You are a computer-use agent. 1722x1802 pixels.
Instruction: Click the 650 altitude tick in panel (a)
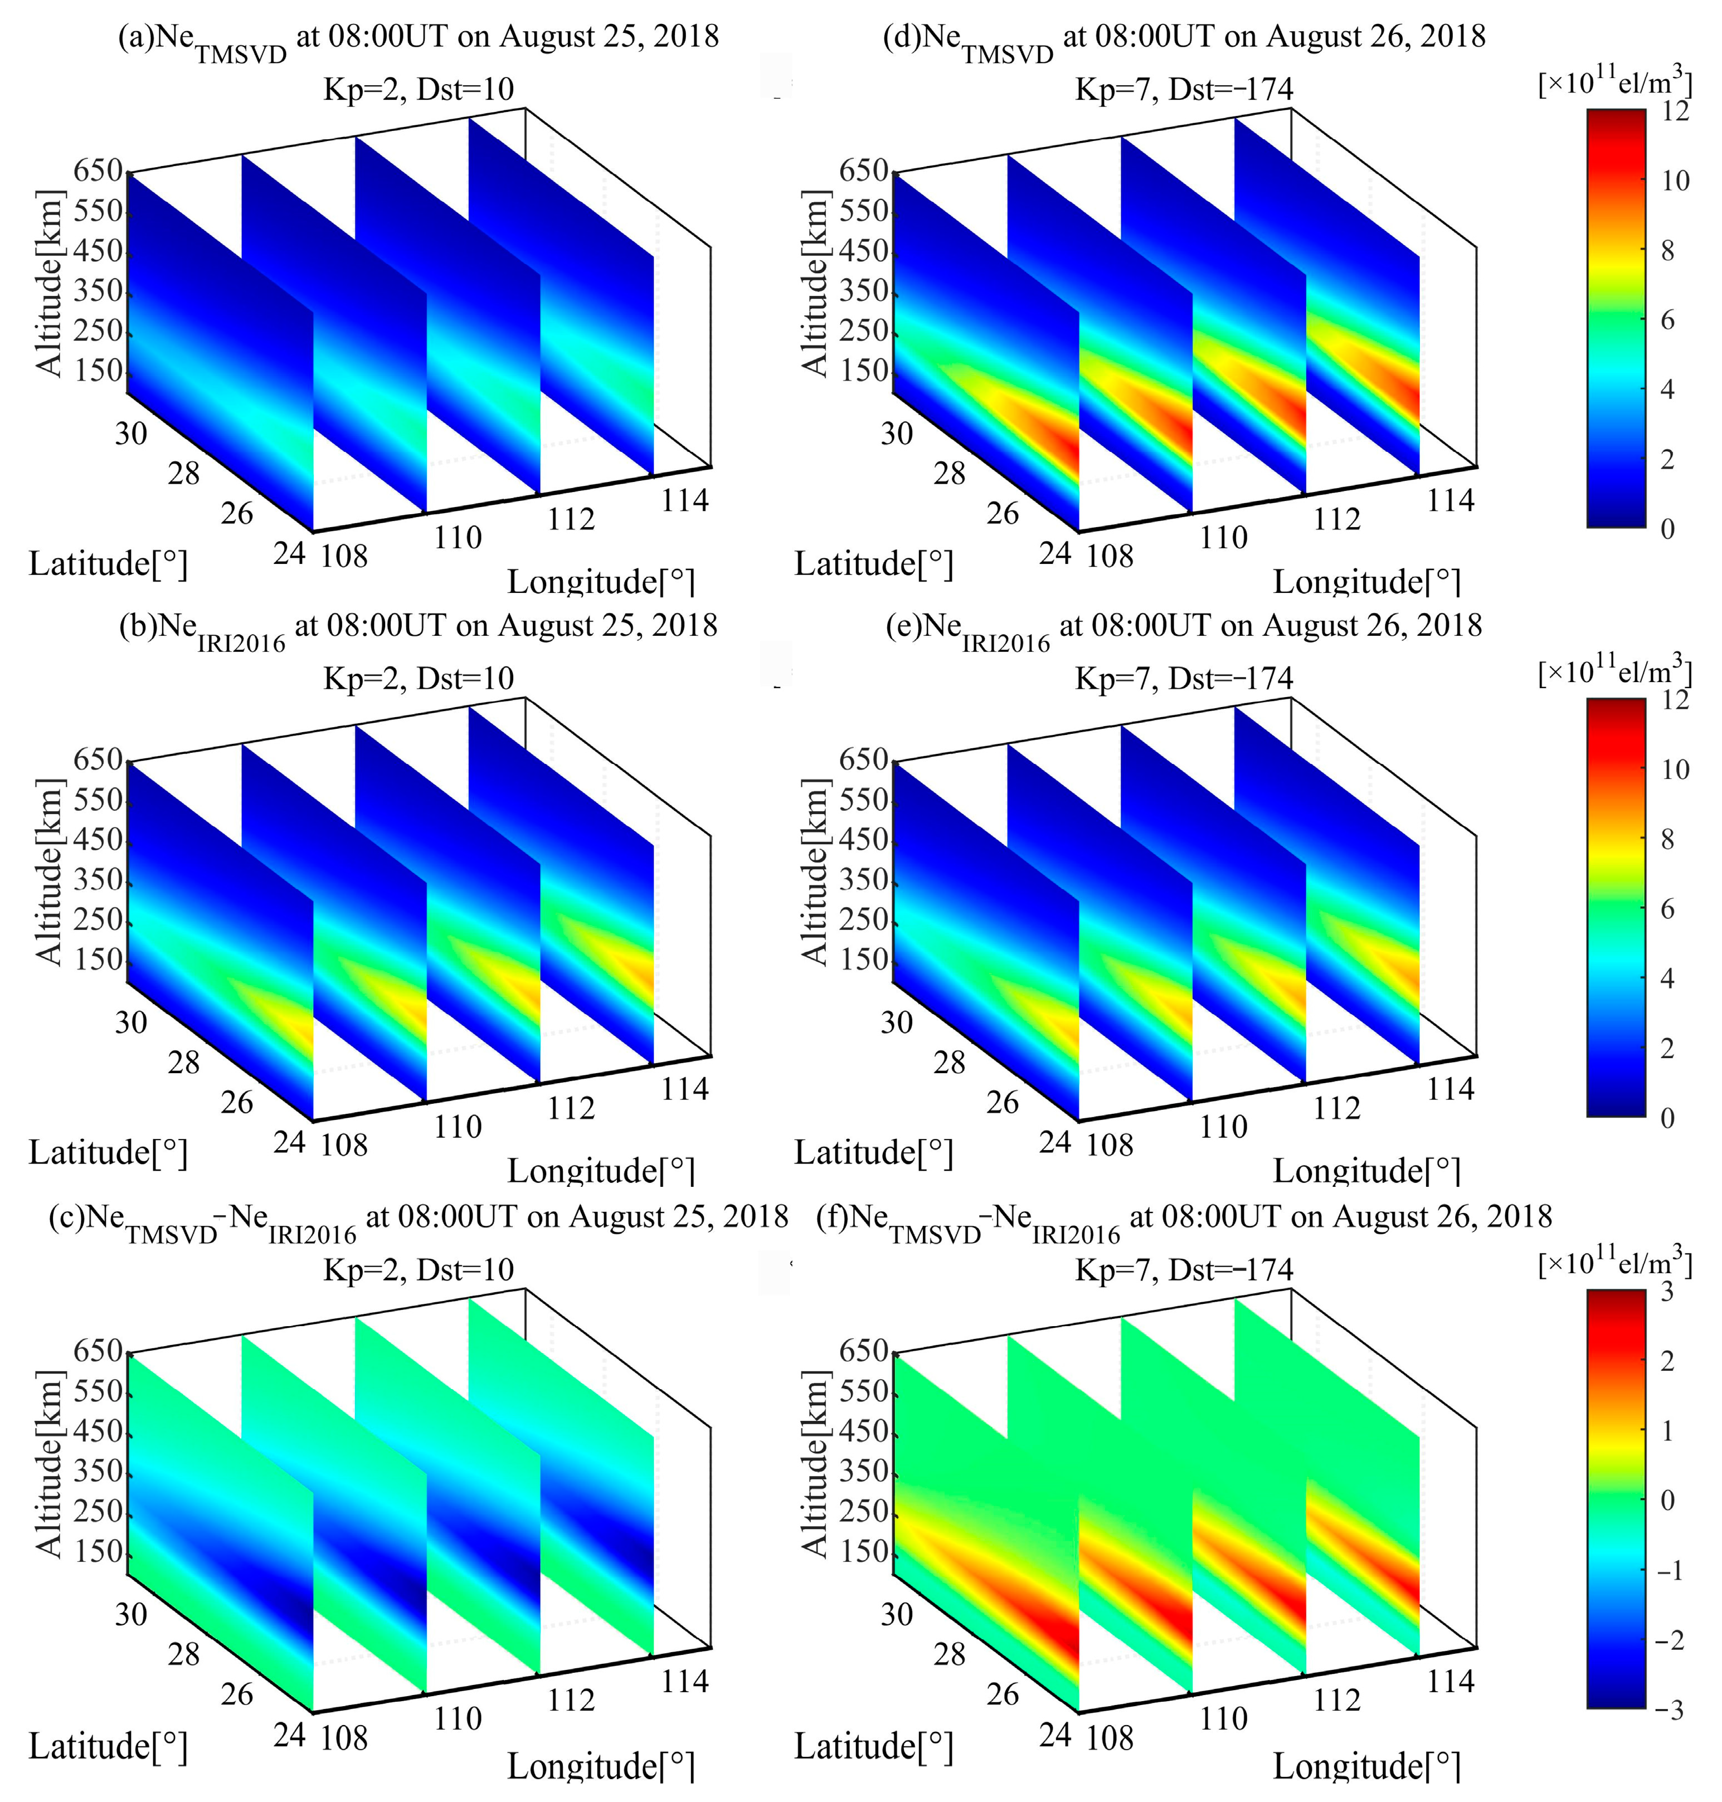[x=98, y=171]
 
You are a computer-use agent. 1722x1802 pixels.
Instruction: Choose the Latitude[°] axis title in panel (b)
[x=108, y=1153]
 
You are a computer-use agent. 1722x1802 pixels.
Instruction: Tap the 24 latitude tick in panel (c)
[x=289, y=1734]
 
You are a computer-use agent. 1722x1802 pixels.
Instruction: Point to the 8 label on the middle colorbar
[x=1668, y=839]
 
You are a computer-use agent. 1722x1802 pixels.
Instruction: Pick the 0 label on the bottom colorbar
[x=1668, y=1500]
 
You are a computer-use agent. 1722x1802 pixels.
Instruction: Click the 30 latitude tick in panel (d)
[x=897, y=434]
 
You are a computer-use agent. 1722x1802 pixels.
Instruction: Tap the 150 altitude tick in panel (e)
[x=864, y=960]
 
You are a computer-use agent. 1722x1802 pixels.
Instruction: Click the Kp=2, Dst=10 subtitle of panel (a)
[x=419, y=89]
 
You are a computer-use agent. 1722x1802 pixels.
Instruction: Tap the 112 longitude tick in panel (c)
[x=571, y=1700]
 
